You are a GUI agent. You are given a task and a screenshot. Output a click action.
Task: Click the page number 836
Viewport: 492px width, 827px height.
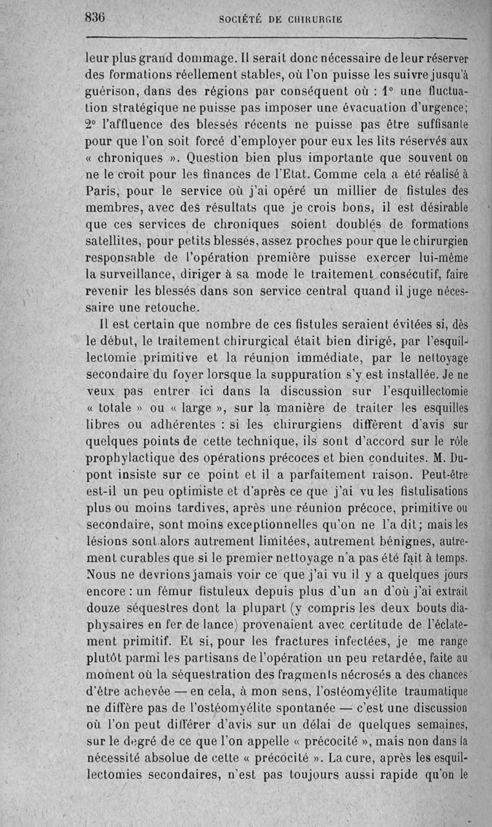(95, 18)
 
